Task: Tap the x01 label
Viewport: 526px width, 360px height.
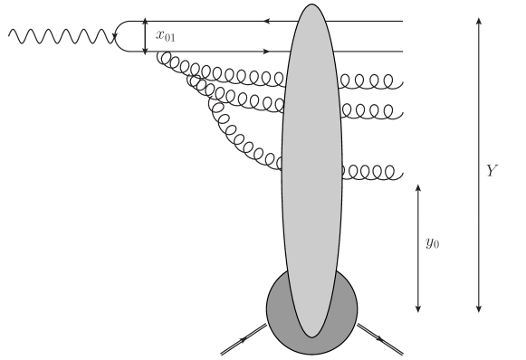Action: coord(166,36)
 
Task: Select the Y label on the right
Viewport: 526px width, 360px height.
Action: coord(492,171)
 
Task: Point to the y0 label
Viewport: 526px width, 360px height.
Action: coord(433,243)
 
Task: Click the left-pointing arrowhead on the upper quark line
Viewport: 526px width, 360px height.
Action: coord(267,20)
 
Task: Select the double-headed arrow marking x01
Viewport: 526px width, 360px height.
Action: coord(145,36)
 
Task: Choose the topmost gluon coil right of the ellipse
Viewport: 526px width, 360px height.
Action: coord(371,82)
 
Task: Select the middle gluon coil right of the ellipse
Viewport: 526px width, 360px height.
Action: coord(371,111)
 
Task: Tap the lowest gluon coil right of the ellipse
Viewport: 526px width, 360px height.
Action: coord(371,171)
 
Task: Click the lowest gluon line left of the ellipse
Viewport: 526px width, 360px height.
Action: coord(235,140)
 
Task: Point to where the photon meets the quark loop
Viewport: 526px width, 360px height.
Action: coord(116,36)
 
